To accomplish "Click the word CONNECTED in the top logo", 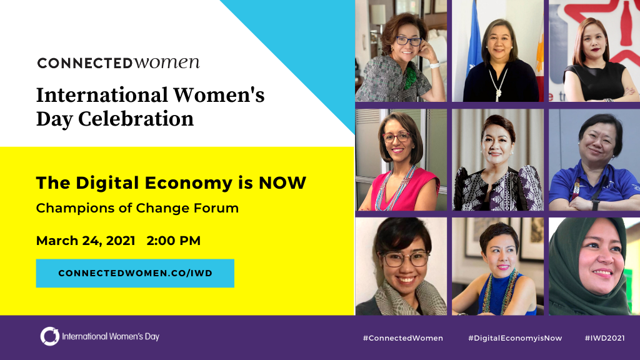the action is (x=85, y=63).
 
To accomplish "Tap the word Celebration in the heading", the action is (x=136, y=119).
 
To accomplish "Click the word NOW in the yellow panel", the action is (x=282, y=183).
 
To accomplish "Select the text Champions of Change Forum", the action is (x=137, y=208).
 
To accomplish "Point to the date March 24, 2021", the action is (x=86, y=241).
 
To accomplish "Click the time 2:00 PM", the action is (x=174, y=241).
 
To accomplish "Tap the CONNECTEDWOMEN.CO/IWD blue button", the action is (x=135, y=274).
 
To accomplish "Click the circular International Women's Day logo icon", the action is (x=50, y=336).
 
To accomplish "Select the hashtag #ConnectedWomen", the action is (x=403, y=338).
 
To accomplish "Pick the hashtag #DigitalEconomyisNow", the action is (x=515, y=338).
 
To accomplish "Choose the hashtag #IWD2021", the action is (x=605, y=338).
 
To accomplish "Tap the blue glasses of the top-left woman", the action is (x=408, y=41).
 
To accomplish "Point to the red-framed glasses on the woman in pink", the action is (x=396, y=137).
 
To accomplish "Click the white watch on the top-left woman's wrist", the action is (x=434, y=65).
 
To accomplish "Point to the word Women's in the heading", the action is (x=219, y=95).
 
